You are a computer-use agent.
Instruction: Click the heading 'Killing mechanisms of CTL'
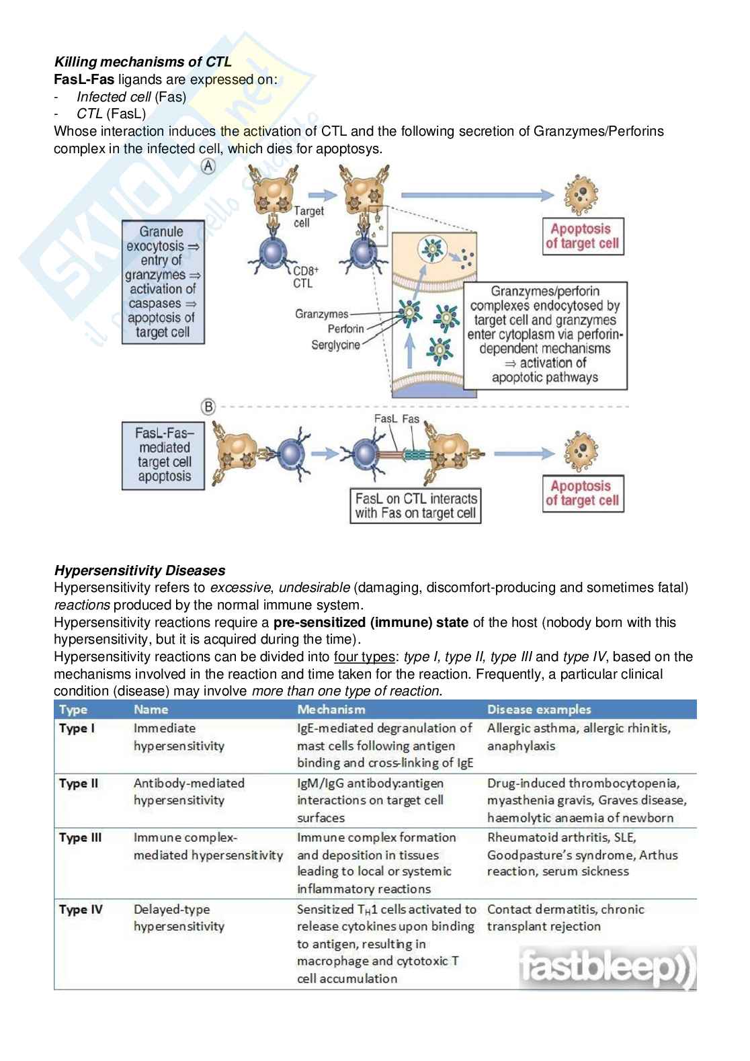pos(142,62)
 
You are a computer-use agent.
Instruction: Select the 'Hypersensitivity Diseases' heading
pos(139,570)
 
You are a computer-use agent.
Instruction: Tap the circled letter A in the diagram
pos(209,167)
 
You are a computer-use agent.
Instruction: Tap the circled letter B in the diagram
pos(209,407)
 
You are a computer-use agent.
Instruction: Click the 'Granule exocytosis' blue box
pos(163,282)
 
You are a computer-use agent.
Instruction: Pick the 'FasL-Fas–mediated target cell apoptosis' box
pos(164,455)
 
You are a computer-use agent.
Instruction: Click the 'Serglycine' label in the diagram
pos(335,345)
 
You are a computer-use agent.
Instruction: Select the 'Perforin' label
pos(345,329)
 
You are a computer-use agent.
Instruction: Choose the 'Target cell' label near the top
pos(308,216)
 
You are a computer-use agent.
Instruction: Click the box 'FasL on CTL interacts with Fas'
pos(415,506)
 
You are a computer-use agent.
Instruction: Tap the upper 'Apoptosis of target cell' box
pos(583,236)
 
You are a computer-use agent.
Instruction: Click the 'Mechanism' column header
pos(331,709)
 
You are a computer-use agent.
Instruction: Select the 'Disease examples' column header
pos(539,709)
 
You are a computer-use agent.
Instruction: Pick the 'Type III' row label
pos(80,837)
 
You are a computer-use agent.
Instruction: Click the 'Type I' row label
pos(73,728)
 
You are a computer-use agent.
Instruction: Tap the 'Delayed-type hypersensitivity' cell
pos(179,917)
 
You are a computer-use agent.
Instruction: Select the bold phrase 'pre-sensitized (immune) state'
pos(371,622)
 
